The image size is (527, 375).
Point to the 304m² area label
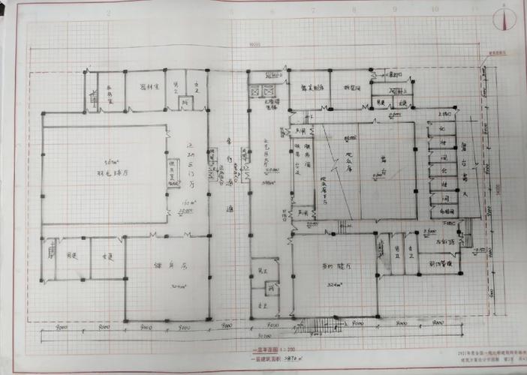pos(178,286)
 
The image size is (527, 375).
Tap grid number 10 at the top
pos(434,10)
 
